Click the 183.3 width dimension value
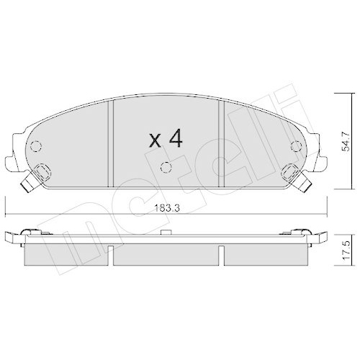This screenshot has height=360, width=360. [167, 208]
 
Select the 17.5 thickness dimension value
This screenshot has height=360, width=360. [346, 250]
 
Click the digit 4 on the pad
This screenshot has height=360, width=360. [176, 138]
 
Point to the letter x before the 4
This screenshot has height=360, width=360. [155, 141]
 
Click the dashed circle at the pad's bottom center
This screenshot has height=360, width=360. [166, 167]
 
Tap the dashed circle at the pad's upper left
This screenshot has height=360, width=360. [36, 146]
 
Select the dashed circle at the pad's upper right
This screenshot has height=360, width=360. [296, 146]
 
